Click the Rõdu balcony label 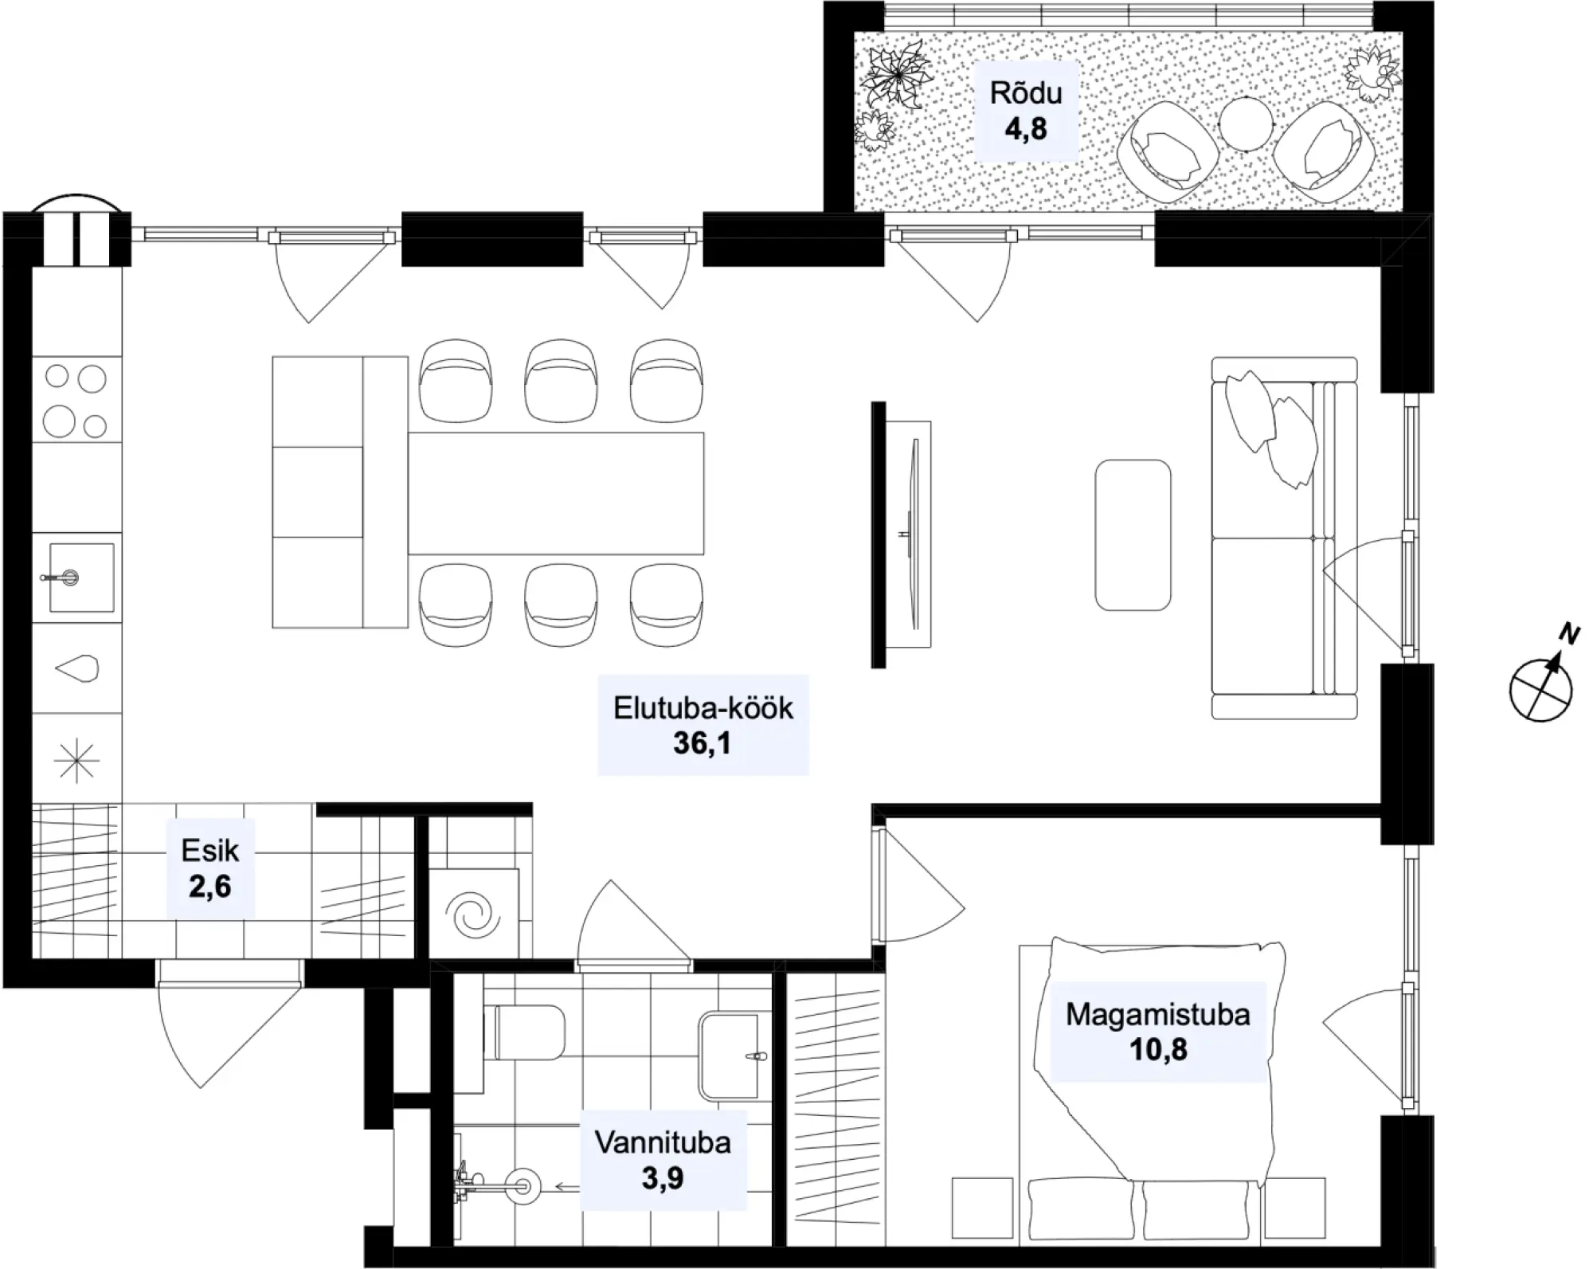pos(1026,93)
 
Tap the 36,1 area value pos(702,743)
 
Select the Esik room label pos(209,851)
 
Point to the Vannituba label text pos(663,1142)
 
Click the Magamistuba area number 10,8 pos(1158,1050)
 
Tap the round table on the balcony pos(1248,123)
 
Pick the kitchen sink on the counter pos(80,577)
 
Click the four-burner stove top pos(76,400)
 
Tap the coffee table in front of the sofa pos(1133,535)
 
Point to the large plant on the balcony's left pos(898,76)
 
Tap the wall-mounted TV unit pos(901,535)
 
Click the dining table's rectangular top pos(556,493)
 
